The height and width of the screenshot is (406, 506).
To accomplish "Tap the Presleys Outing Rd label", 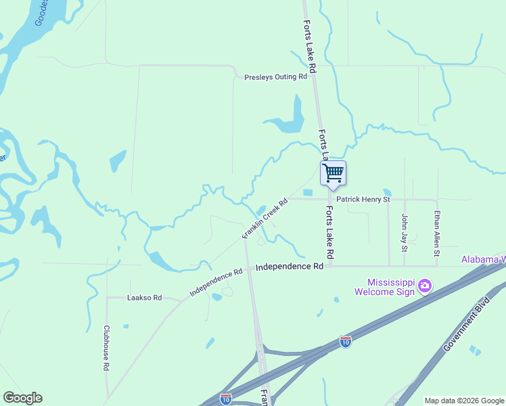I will pyautogui.click(x=275, y=77).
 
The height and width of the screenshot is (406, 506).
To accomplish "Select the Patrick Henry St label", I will pyautogui.click(x=363, y=200).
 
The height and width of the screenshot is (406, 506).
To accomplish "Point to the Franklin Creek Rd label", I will pyautogui.click(x=265, y=218).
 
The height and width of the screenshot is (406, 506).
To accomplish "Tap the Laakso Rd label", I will pyautogui.click(x=144, y=297).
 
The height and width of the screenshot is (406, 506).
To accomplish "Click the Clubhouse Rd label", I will pyautogui.click(x=106, y=348).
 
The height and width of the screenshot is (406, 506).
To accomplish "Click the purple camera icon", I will pyautogui.click(x=425, y=286).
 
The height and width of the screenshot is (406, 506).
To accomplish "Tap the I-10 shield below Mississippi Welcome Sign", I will pyautogui.click(x=346, y=342).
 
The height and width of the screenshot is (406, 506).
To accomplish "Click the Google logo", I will pyautogui.click(x=22, y=398).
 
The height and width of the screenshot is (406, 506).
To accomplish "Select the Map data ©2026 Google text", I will pyautogui.click(x=464, y=401).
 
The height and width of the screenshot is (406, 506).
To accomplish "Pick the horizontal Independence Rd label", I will pyautogui.click(x=290, y=267).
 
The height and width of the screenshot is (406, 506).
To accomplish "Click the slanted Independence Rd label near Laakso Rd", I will pyautogui.click(x=216, y=283).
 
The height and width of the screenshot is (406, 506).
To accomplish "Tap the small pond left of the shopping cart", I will pyautogui.click(x=308, y=193).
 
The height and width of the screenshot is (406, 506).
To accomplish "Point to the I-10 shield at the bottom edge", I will pyautogui.click(x=226, y=399).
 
